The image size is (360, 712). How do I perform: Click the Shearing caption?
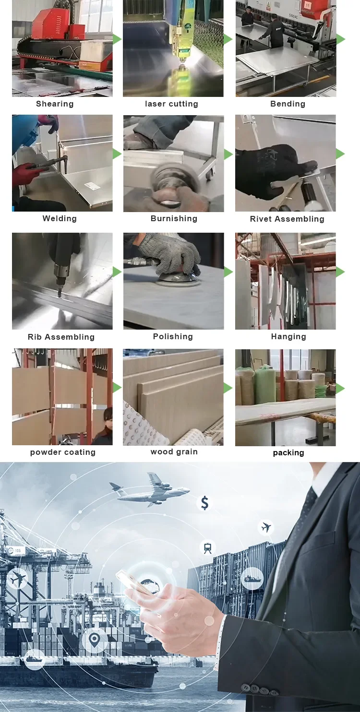pyautogui.click(x=55, y=104)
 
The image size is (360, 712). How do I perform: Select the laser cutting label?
pyautogui.click(x=171, y=104)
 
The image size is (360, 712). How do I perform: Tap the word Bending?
pyautogui.click(x=288, y=104)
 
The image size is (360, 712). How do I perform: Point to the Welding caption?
pyautogui.click(x=60, y=219)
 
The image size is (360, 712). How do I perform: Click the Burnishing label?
pyautogui.click(x=174, y=219)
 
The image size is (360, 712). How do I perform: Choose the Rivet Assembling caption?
pyautogui.click(x=287, y=219)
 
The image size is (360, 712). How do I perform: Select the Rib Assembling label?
pyautogui.click(x=61, y=337)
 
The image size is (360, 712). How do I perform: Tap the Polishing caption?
pyautogui.click(x=173, y=337)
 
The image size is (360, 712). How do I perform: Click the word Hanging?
pyautogui.click(x=288, y=337)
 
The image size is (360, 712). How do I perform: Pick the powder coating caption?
pyautogui.click(x=63, y=452)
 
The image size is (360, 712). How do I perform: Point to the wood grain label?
pyautogui.click(x=174, y=452)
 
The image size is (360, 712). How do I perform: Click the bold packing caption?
pyautogui.click(x=288, y=453)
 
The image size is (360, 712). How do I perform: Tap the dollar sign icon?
pyautogui.click(x=205, y=503)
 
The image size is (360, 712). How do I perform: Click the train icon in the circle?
pyautogui.click(x=208, y=547)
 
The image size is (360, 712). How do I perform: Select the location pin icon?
pyautogui.click(x=94, y=639)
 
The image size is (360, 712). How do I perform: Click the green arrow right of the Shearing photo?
pyautogui.click(x=117, y=39)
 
